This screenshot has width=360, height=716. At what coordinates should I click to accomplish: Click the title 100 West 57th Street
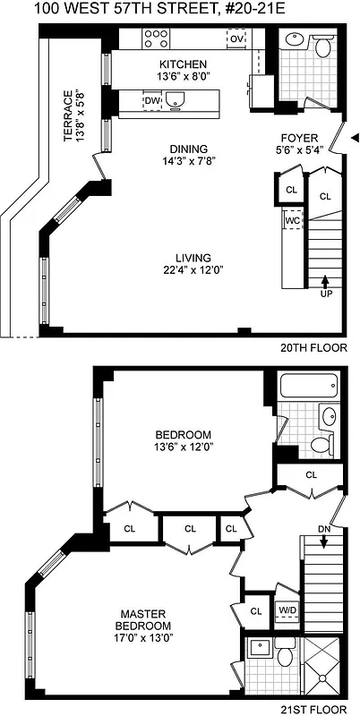pyautogui.click(x=179, y=10)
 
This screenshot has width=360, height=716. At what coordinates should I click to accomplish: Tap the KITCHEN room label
pyautogui.click(x=183, y=64)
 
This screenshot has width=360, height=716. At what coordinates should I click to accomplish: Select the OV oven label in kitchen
pyautogui.click(x=236, y=39)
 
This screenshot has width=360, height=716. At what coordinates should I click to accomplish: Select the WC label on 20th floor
pyautogui.click(x=292, y=219)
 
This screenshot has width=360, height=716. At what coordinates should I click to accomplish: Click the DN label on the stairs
pyautogui.click(x=324, y=531)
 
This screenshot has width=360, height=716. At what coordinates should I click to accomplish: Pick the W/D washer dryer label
pyautogui.click(x=287, y=610)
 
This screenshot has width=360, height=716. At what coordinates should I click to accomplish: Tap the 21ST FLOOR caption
pyautogui.click(x=315, y=708)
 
